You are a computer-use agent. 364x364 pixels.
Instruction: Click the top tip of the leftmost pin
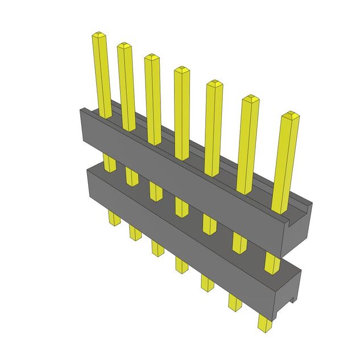coord(98,36)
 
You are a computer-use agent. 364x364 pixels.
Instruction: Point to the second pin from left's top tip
coord(125,46)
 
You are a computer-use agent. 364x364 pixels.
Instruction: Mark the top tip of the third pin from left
coord(152,57)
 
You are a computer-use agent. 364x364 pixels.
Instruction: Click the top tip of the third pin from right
coord(214,84)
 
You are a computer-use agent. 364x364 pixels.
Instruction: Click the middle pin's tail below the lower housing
coord(181,264)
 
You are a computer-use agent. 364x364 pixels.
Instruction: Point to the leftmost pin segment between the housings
coord(110,163)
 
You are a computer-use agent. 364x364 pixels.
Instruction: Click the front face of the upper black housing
coord(171,154)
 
